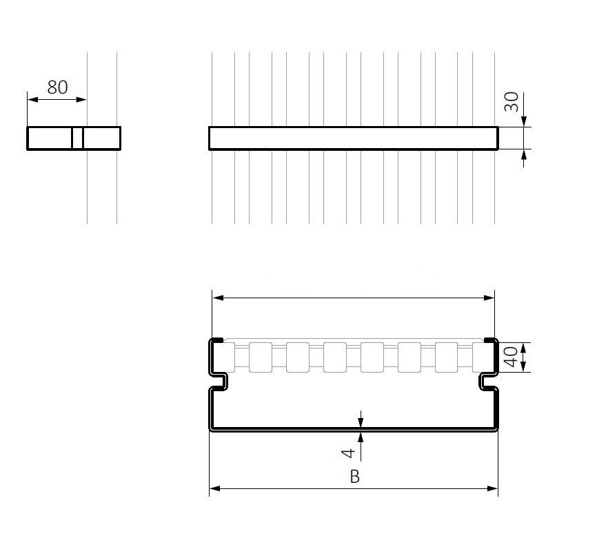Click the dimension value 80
[x=57, y=87]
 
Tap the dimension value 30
[x=511, y=103]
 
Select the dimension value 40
[x=511, y=358]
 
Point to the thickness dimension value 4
[x=349, y=453]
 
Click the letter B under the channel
[x=354, y=477]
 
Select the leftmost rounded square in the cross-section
[x=223, y=357]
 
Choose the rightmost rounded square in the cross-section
[x=483, y=357]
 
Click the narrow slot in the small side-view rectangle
[x=78, y=138]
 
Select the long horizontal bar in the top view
[x=353, y=138]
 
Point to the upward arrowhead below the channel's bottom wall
[x=361, y=437]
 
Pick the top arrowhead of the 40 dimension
[x=525, y=347]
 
